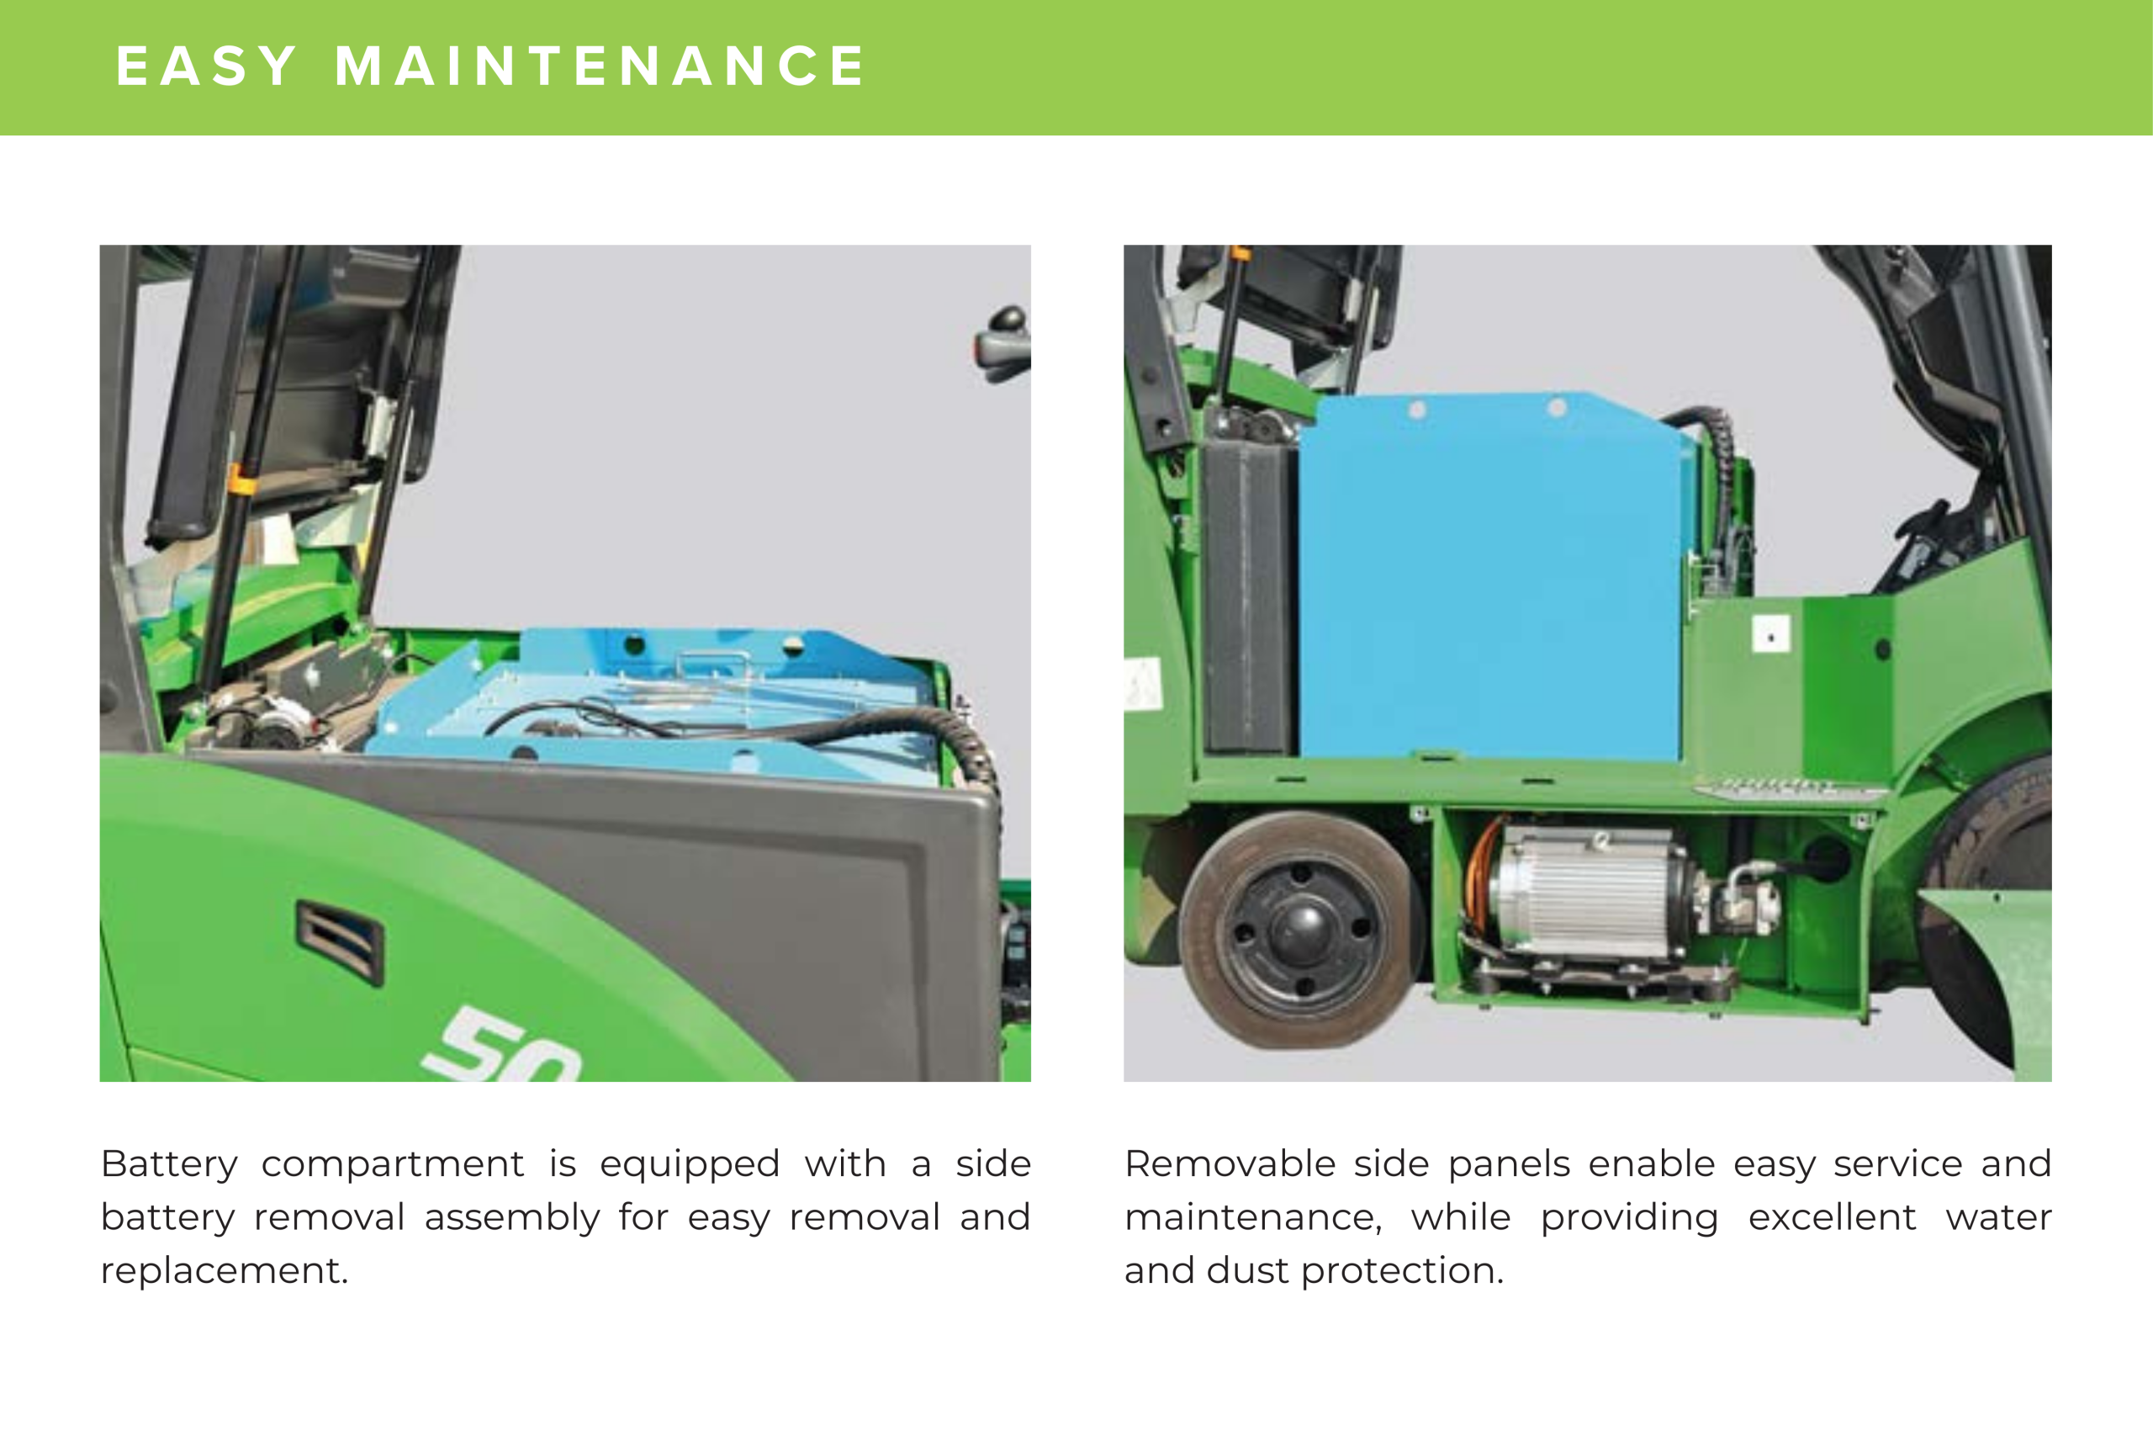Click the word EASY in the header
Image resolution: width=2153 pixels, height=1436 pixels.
click(206, 66)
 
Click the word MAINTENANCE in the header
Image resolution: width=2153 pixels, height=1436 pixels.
click(599, 66)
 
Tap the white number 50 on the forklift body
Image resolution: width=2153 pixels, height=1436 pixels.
click(501, 1045)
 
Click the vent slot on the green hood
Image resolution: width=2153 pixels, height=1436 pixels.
click(340, 942)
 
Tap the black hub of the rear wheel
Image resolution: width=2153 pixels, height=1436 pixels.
click(1300, 929)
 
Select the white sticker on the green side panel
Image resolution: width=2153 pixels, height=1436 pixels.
click(1770, 633)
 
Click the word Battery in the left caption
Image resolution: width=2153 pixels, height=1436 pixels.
click(169, 1165)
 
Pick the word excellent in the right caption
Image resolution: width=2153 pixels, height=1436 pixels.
click(1832, 1217)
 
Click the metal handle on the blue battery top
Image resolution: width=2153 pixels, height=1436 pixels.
click(715, 662)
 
